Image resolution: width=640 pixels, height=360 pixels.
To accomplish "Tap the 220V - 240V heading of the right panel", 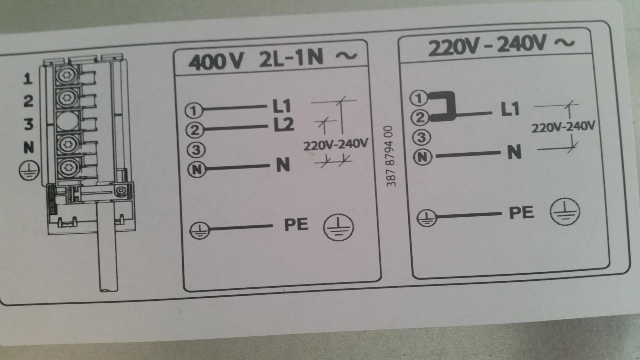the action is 501,45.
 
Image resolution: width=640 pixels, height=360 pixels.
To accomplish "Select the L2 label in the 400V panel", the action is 284,125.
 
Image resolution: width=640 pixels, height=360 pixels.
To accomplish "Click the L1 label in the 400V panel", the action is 282,106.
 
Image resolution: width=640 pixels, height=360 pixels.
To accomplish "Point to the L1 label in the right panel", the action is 510,109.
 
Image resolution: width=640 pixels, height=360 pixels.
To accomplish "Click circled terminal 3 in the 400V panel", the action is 196,150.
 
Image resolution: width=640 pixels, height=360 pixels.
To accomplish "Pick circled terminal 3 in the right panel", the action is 422,138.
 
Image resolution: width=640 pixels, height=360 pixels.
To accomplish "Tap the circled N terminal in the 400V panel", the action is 196,170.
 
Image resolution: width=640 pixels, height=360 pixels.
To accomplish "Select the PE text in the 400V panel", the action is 296,224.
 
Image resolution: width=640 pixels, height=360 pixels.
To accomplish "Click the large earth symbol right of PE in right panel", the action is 565,212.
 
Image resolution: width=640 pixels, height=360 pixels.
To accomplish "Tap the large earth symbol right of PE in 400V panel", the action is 338,227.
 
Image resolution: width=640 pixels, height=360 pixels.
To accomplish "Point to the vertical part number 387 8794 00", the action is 391,156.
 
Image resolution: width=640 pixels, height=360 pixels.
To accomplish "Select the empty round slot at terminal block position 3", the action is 67,121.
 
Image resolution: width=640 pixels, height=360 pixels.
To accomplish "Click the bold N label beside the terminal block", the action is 28,148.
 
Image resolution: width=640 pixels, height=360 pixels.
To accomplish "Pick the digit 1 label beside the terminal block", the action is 28,79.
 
